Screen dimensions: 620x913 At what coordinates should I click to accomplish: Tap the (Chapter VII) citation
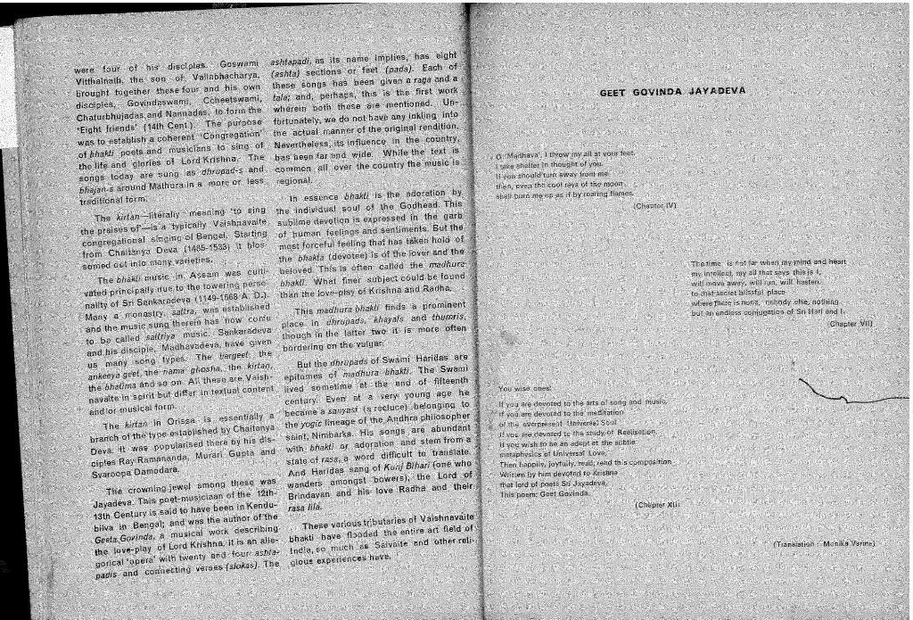850,325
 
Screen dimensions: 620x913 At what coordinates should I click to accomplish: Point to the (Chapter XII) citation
658,504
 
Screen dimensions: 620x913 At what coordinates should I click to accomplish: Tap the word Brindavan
314,493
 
